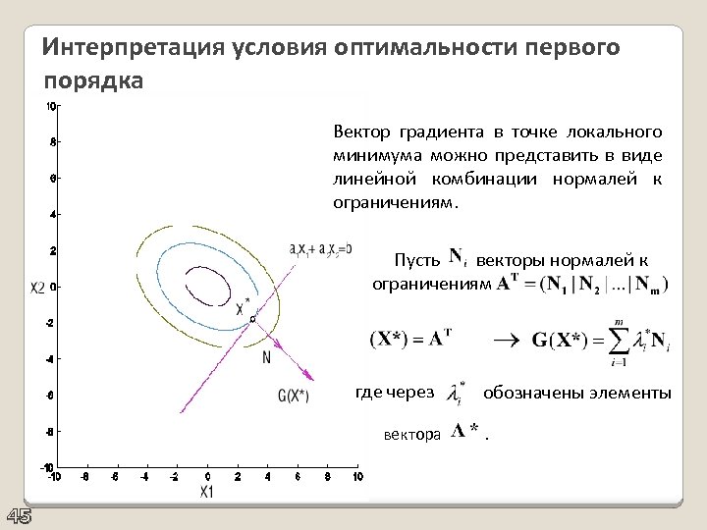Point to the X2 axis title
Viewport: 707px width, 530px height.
pos(38,287)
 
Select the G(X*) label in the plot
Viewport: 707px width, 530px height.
pos(293,397)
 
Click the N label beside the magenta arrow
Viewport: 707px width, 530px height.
pos(266,358)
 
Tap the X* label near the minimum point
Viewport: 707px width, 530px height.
pos(242,306)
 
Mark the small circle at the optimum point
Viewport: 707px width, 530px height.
pos(252,319)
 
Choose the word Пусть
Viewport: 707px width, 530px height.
pos(416,261)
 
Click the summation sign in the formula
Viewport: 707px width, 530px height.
pos(620,344)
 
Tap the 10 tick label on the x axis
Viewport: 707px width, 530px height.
pos(356,477)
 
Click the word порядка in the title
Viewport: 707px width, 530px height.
pos(94,79)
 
